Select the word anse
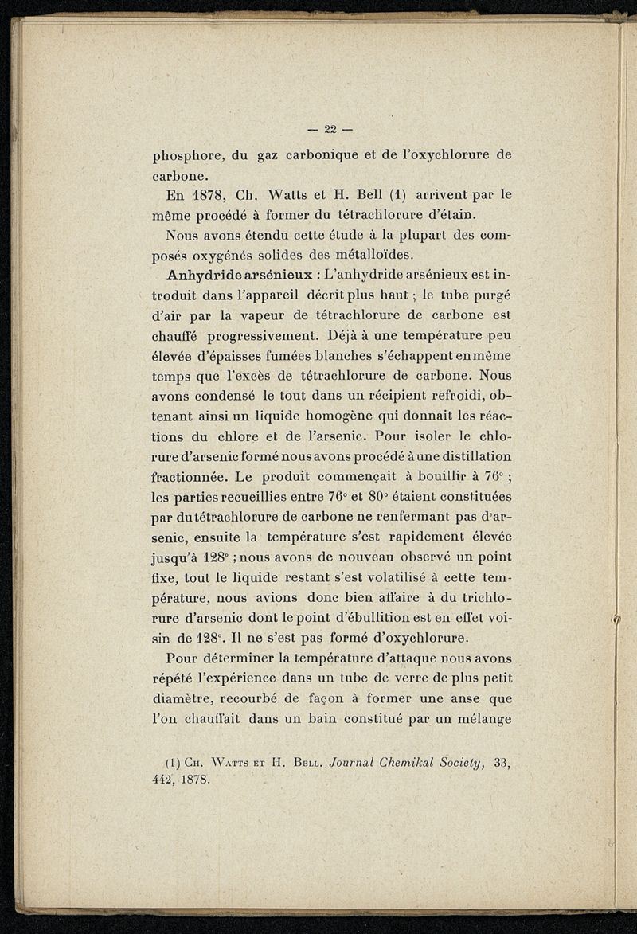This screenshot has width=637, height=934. pyautogui.click(x=464, y=698)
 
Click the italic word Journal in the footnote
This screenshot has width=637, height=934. pyautogui.click(x=335, y=763)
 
